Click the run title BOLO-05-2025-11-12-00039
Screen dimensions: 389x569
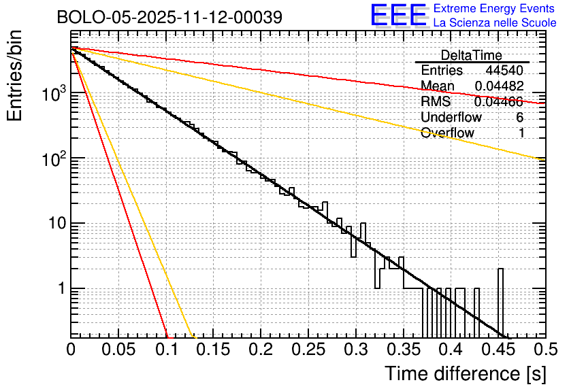[x=169, y=17]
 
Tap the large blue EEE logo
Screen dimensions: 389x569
[x=398, y=16]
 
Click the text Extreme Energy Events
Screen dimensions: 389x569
[x=495, y=9]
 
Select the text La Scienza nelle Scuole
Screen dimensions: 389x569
[x=495, y=22]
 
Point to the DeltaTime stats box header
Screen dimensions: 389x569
[x=472, y=55]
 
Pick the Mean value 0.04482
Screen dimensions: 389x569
[x=499, y=86]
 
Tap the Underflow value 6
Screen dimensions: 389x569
[x=519, y=118]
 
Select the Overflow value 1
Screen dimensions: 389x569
[x=521, y=133]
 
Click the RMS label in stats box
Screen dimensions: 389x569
[x=436, y=102]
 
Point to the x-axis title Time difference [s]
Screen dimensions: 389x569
[x=464, y=374]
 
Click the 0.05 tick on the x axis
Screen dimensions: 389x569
[x=118, y=350]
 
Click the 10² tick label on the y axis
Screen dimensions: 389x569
[x=52, y=158]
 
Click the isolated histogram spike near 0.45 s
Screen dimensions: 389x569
[x=501, y=299]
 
